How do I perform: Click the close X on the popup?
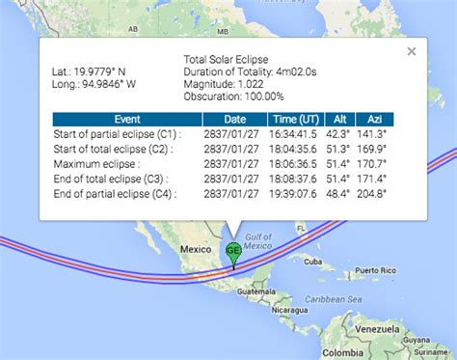pyautogui.click(x=412, y=51)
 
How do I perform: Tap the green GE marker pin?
pyautogui.click(x=233, y=253)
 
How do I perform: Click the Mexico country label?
pyautogui.click(x=196, y=249)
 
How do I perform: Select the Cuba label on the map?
pyautogui.click(x=310, y=262)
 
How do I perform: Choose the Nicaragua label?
pyautogui.click(x=290, y=312)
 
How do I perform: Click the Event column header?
pyautogui.click(x=126, y=120)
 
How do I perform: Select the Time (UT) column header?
pyautogui.click(x=290, y=120)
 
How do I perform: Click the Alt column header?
pyautogui.click(x=339, y=120)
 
